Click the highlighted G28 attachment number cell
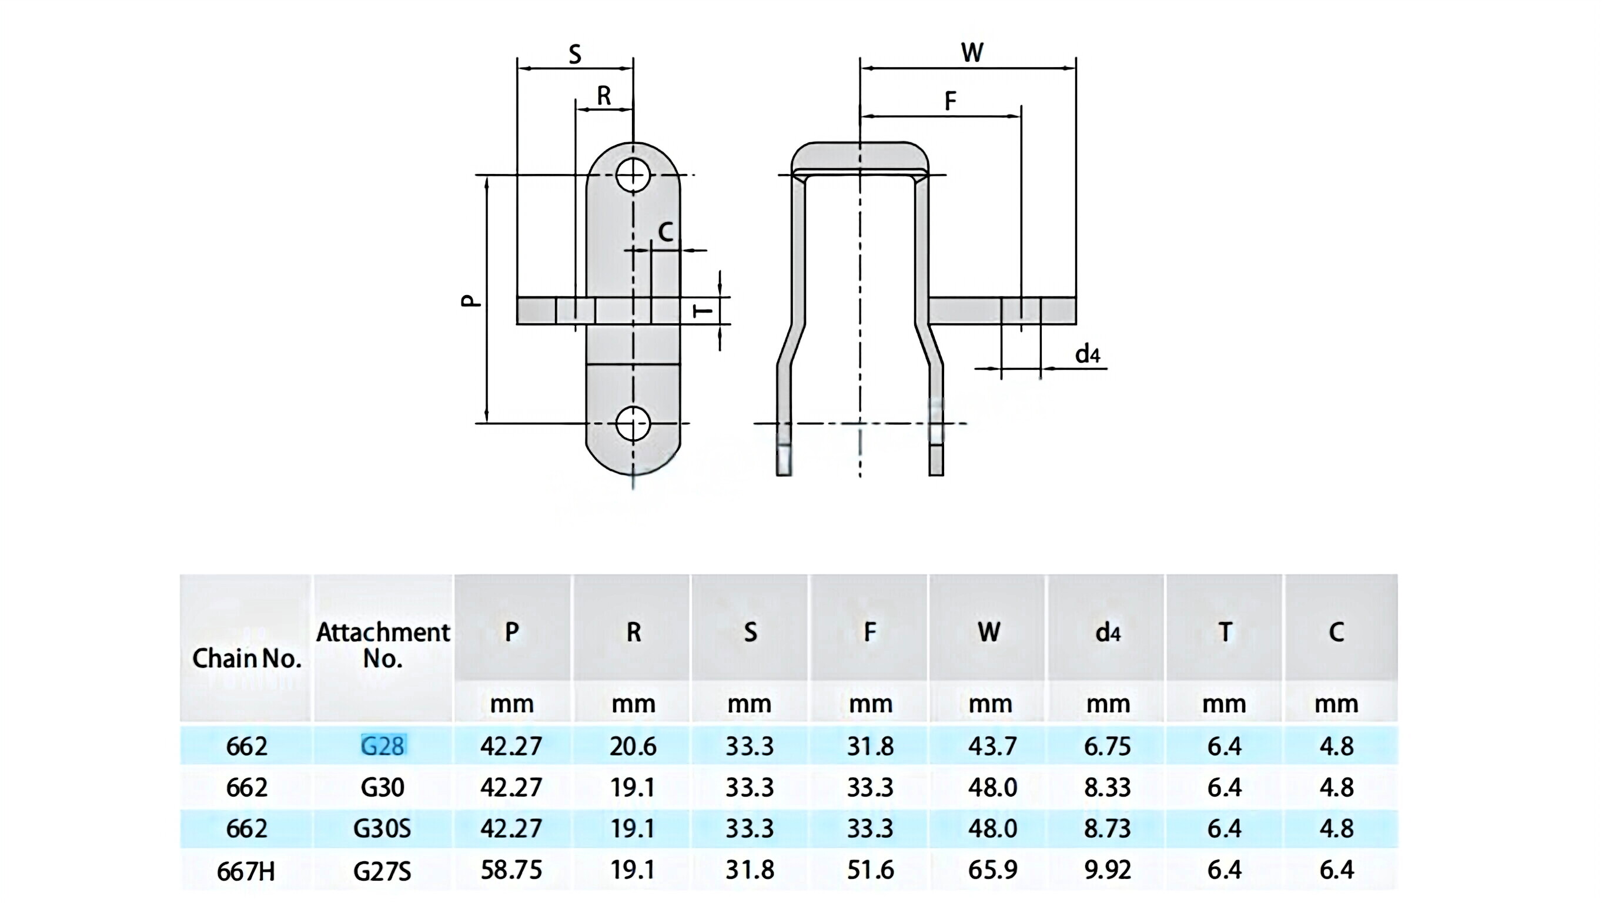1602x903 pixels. point(383,745)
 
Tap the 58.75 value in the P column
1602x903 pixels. point(511,869)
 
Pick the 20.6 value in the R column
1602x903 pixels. point(633,745)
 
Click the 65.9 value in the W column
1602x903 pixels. point(992,869)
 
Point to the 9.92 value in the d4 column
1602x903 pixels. point(1107,869)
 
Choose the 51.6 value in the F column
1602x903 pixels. point(870,869)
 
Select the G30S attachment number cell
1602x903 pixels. point(382,828)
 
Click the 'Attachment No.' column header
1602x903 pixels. point(383,645)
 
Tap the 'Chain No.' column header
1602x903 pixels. point(246,658)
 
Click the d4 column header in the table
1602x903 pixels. point(1107,633)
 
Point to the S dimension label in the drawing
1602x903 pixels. point(574,55)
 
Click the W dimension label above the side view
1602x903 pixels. point(972,52)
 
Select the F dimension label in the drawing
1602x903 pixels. point(949,101)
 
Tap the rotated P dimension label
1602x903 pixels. point(471,300)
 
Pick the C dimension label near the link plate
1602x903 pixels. point(665,232)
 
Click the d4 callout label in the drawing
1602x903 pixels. point(1087,354)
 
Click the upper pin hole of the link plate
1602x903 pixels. point(633,175)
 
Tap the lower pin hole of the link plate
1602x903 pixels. point(633,423)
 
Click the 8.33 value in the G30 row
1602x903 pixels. point(1107,787)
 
